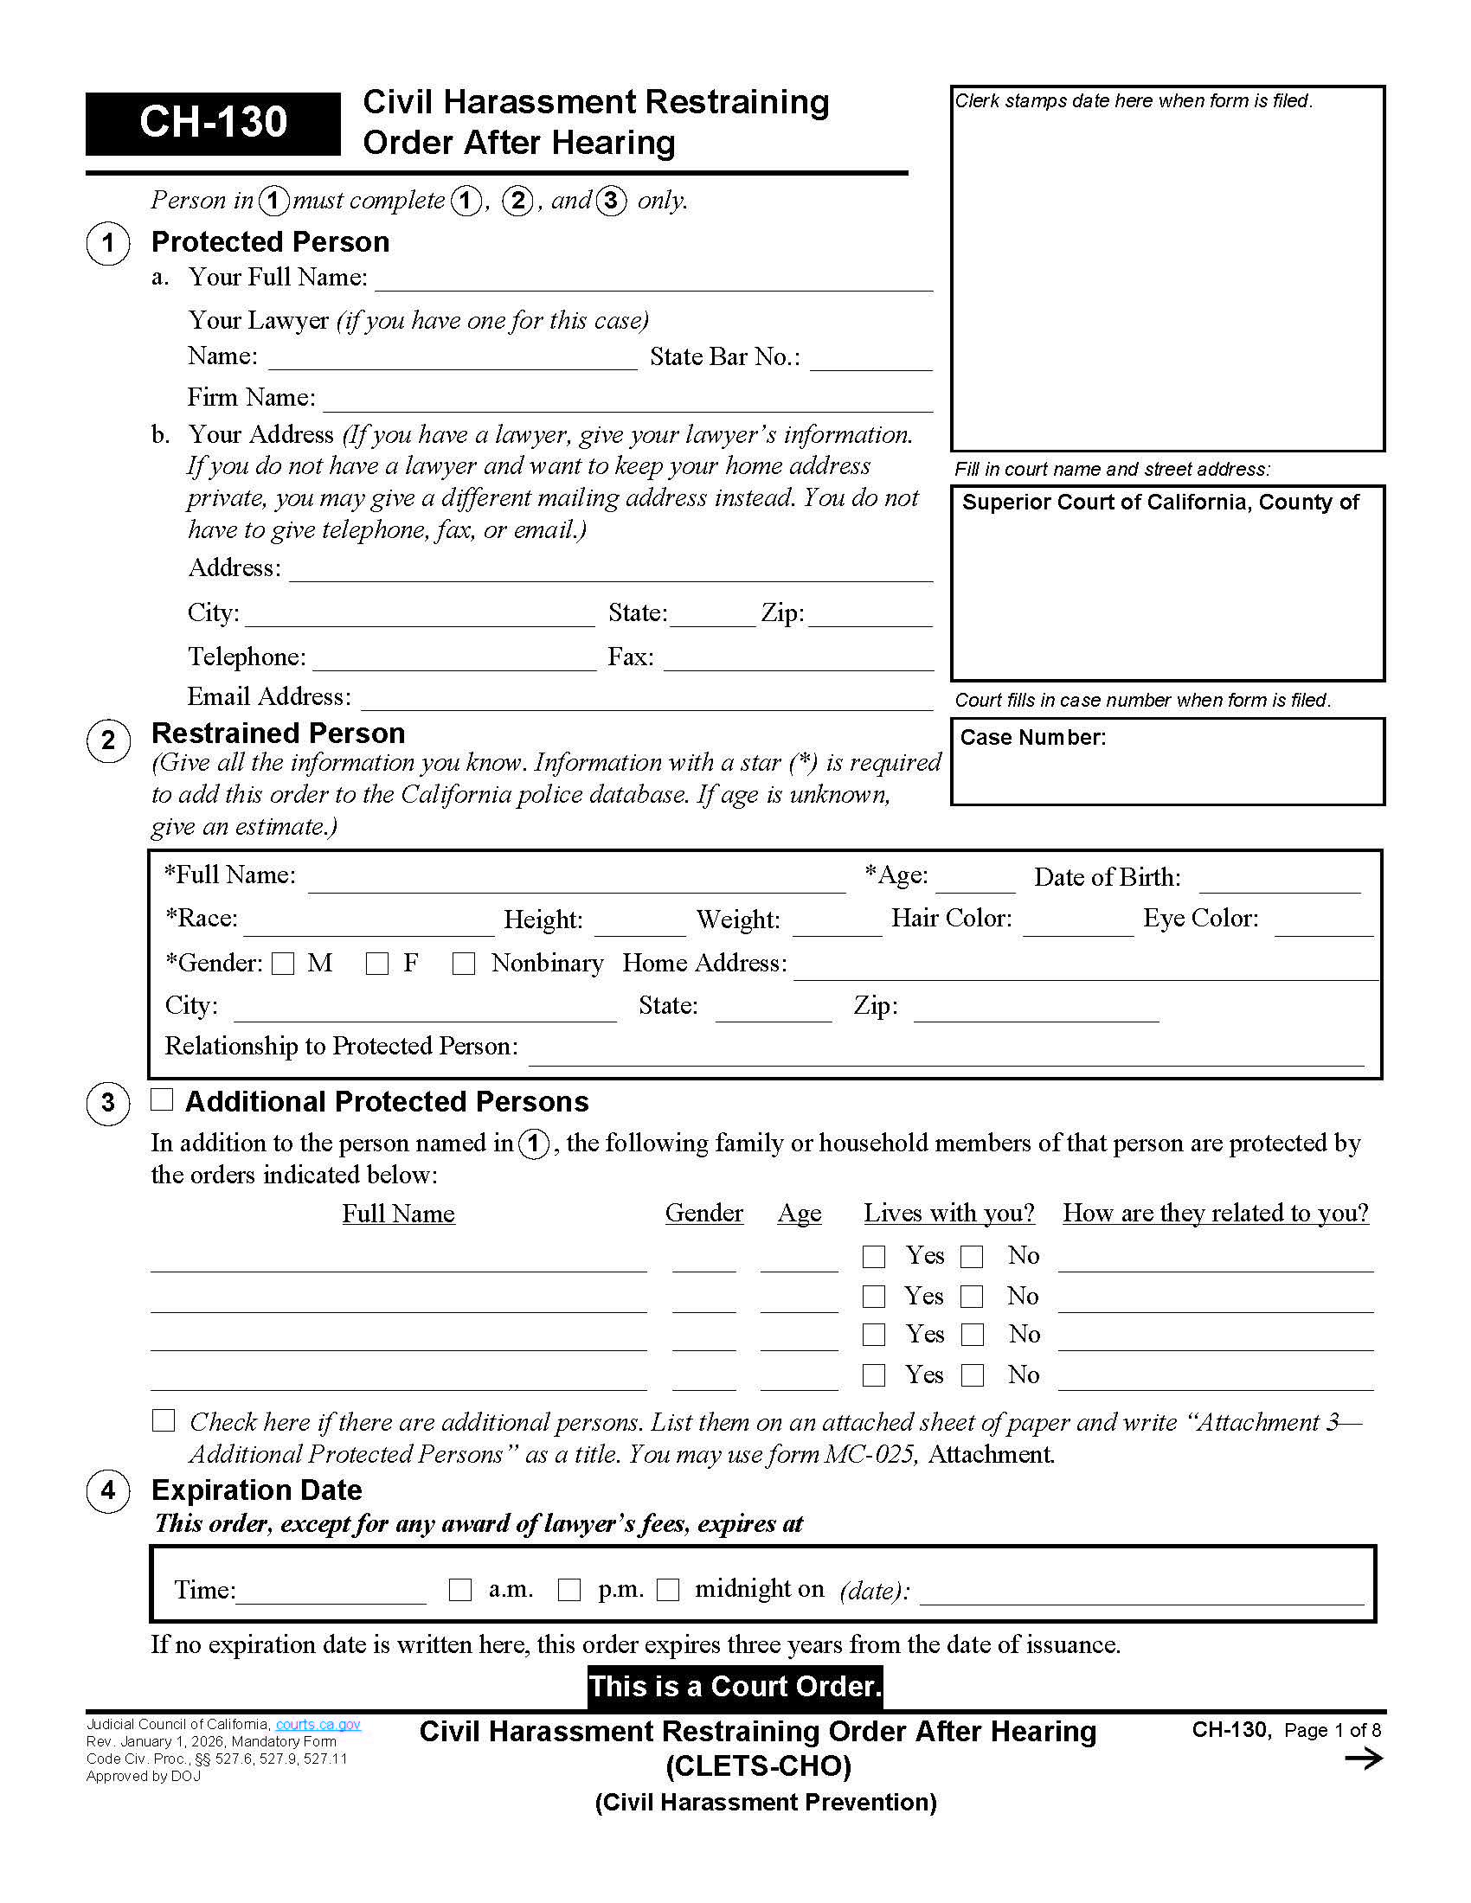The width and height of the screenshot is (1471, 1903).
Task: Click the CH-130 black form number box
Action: click(x=213, y=123)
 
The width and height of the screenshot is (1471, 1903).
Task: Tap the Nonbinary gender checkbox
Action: click(x=464, y=964)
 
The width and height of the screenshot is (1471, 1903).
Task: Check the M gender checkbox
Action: click(x=283, y=964)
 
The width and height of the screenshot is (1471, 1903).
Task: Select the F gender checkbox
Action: click(x=377, y=964)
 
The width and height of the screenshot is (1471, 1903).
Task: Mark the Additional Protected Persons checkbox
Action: click(x=162, y=1099)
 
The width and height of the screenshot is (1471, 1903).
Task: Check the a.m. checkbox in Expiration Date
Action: click(x=460, y=1590)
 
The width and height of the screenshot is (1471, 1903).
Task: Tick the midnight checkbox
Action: click(x=668, y=1590)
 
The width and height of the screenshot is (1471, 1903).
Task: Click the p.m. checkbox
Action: click(x=569, y=1590)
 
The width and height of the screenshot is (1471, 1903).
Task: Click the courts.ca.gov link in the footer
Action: click(x=318, y=1724)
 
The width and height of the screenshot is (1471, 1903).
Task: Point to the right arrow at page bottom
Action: click(x=1364, y=1759)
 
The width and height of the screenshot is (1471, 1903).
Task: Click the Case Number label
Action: click(x=1032, y=738)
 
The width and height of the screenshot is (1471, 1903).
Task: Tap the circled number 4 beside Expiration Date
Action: click(x=108, y=1491)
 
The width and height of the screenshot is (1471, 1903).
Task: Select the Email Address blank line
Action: click(x=646, y=700)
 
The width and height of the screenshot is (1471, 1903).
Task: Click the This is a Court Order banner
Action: click(x=735, y=1687)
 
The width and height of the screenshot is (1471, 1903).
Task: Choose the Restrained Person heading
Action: click(x=278, y=734)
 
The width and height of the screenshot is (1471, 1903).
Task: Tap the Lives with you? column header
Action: click(x=949, y=1213)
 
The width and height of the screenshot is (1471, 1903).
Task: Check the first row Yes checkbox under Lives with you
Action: click(x=874, y=1257)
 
